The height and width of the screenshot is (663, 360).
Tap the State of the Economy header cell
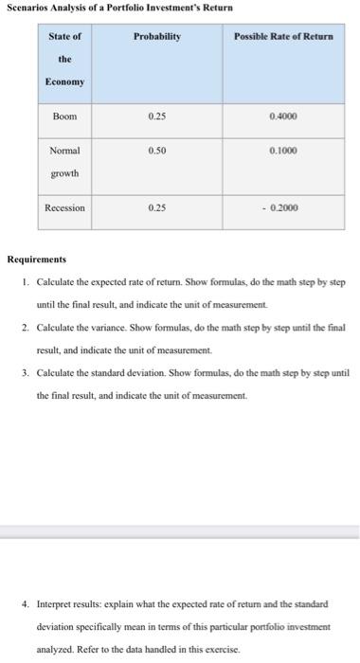point(64,59)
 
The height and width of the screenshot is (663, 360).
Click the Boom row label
point(64,116)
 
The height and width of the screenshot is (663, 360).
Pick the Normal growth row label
point(64,162)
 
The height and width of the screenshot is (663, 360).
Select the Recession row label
point(64,207)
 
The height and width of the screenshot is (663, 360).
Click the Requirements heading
point(37,258)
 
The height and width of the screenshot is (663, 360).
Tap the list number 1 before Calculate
point(23,282)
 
